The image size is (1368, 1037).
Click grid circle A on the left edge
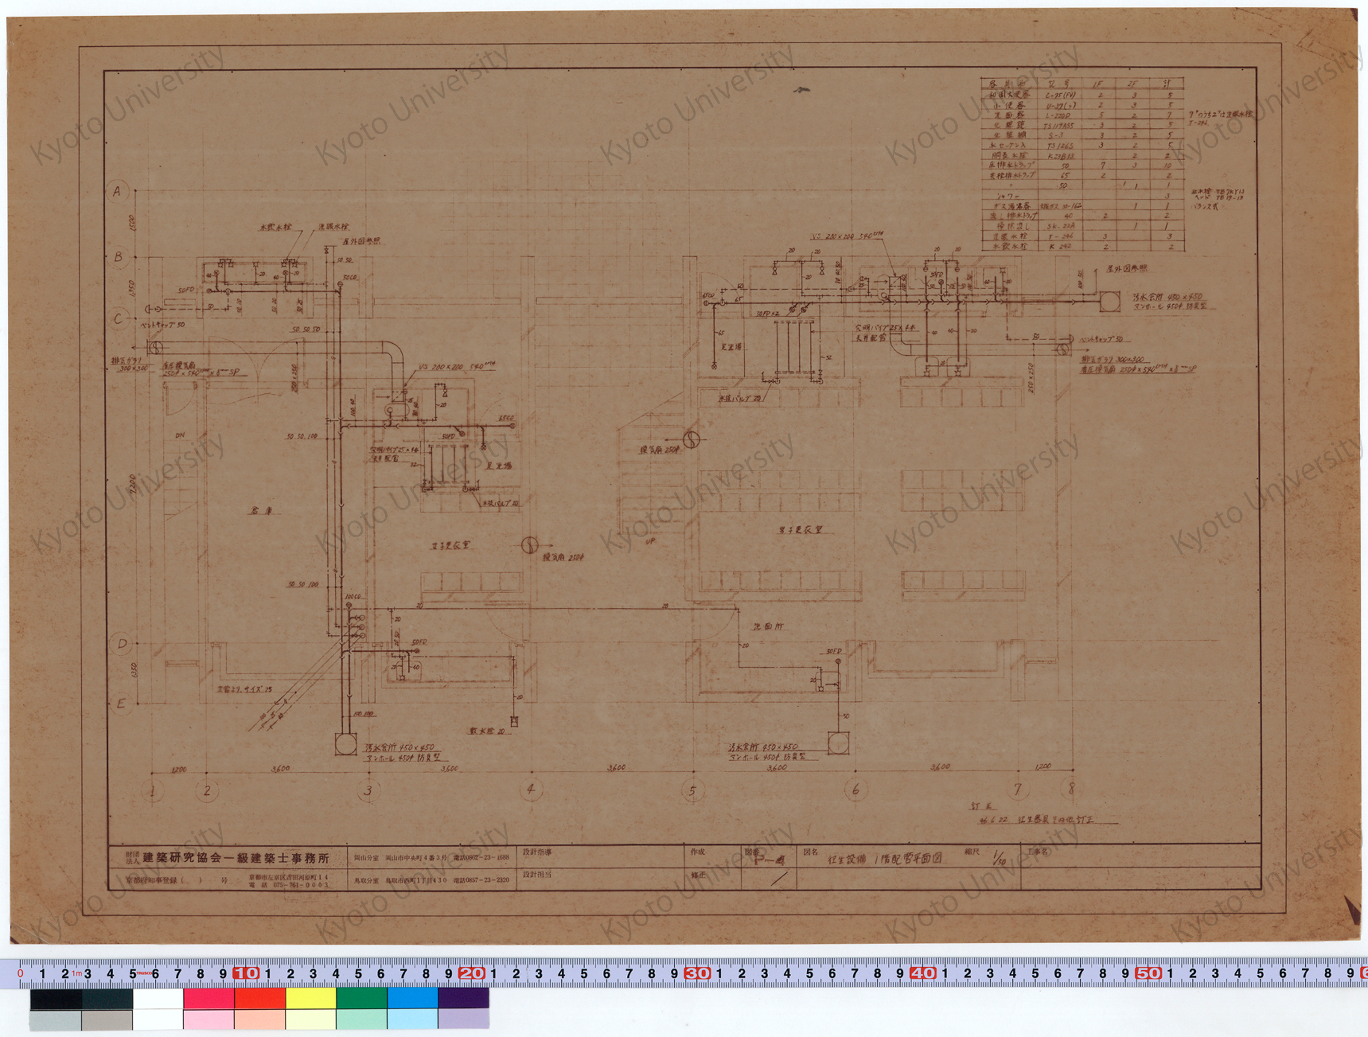pos(117,191)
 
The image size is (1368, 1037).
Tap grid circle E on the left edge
pos(121,704)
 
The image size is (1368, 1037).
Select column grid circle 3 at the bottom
pos(368,790)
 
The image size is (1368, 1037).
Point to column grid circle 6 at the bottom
pos(855,789)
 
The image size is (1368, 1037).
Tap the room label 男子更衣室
pos(800,530)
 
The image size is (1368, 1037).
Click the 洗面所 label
pos(767,626)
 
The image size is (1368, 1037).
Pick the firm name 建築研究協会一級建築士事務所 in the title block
pos(236,858)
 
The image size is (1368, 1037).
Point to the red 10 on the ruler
pos(246,973)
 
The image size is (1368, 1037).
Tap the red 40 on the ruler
pos(922,973)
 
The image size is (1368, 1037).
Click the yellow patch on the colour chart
pos(310,998)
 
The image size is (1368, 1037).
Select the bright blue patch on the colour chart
pos(413,998)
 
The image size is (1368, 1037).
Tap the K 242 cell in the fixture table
pos(1060,246)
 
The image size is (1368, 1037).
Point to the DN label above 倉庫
pos(180,435)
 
